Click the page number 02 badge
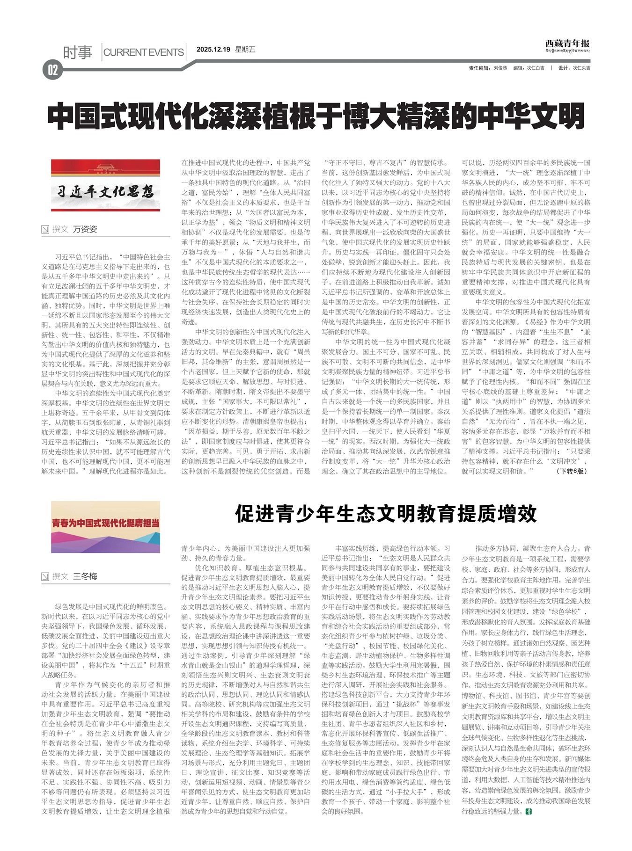coord(52,70)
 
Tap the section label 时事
coord(78,52)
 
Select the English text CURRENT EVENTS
coord(143,52)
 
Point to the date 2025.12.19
coord(213,50)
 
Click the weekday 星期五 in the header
coord(245,50)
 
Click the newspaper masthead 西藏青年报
coord(567,44)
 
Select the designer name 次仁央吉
coord(581,68)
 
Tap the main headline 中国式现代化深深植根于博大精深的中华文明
coord(316,117)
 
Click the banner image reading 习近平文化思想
coord(105,185)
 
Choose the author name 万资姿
coord(85,229)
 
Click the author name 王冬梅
coord(85,576)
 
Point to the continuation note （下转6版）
coord(572,471)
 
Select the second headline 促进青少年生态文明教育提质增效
coord(386,513)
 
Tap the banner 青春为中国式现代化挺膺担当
coord(105,527)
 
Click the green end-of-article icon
coord(529,811)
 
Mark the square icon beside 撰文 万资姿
coord(45,229)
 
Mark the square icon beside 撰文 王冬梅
coord(45,576)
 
